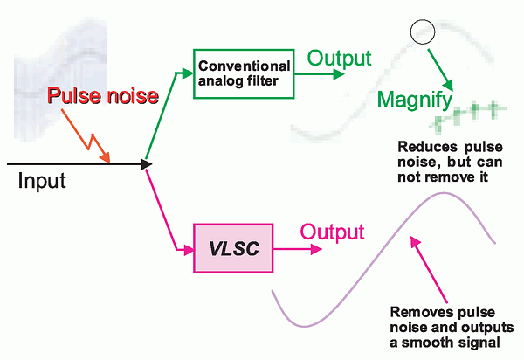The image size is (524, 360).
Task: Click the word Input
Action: [x=42, y=183]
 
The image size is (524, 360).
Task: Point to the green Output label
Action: [x=338, y=59]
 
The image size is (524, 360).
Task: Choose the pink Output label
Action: [x=332, y=232]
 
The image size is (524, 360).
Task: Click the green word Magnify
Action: [x=413, y=100]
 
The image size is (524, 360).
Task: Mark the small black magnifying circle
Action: [x=423, y=32]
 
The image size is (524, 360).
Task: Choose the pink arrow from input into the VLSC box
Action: [x=170, y=213]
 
